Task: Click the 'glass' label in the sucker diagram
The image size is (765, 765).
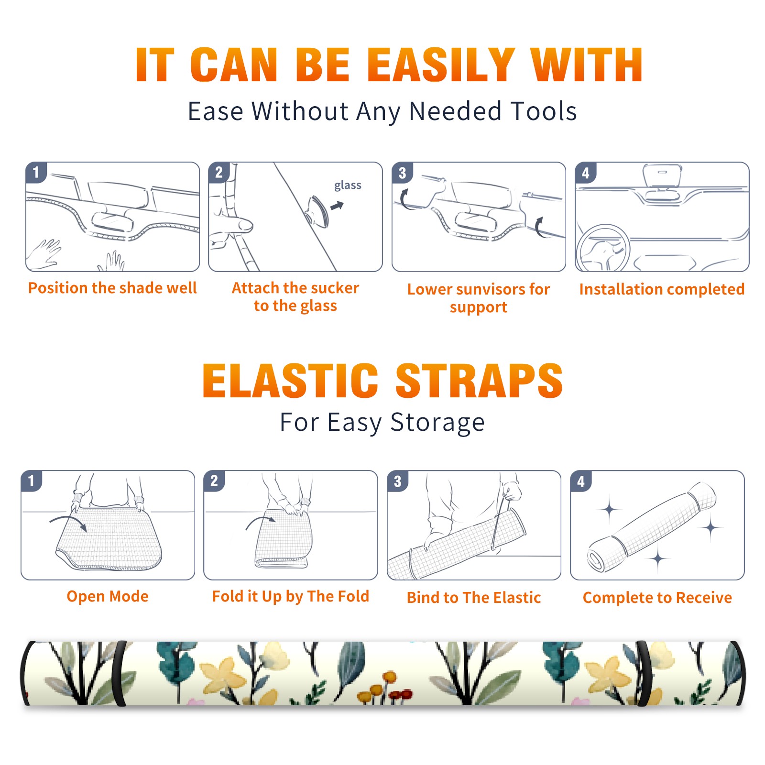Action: [x=348, y=186]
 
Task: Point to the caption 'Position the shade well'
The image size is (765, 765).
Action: [x=112, y=288]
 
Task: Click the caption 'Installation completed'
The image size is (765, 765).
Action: [x=662, y=289]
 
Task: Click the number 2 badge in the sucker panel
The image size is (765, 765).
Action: [x=219, y=173]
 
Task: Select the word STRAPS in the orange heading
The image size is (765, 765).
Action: [x=479, y=381]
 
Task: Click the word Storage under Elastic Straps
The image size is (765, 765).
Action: [x=437, y=423]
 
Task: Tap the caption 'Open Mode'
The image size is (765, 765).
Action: [x=108, y=596]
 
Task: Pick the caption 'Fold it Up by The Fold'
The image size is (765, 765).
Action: [x=291, y=596]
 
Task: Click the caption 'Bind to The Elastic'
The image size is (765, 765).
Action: [x=474, y=598]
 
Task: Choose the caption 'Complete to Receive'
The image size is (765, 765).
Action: [x=657, y=598]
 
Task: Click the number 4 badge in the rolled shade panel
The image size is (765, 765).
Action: [x=581, y=481]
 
